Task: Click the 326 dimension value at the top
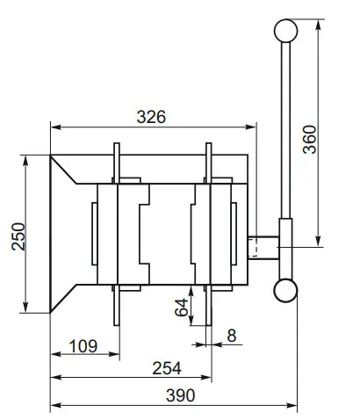tap(151, 115)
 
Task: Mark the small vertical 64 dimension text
tap(182, 308)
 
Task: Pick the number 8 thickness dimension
tap(232, 334)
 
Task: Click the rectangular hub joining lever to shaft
tap(287, 249)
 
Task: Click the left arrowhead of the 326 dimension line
tap(55, 127)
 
